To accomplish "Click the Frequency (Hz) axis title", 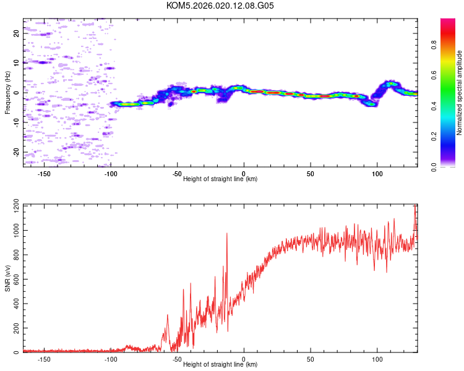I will coord(7,93).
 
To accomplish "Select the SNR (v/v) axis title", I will coord(7,278).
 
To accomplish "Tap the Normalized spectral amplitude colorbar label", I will coord(460,93).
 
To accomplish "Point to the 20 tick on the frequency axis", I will coord(16,33).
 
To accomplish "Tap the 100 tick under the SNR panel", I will coord(377,359).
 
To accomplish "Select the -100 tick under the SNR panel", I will coord(111,359).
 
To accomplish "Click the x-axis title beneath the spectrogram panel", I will coord(220,179).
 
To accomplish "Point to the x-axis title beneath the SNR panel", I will coord(220,365).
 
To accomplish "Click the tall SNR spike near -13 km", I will coord(227,234).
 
